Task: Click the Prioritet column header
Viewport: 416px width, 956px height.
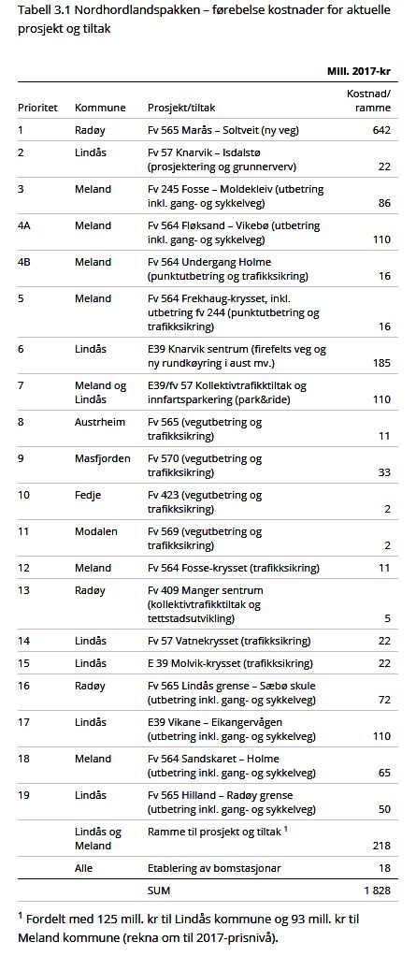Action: [37, 108]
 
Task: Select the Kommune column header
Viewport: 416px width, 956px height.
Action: [100, 108]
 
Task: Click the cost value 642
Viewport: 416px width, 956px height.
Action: [380, 129]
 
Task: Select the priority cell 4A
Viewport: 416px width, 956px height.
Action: [23, 225]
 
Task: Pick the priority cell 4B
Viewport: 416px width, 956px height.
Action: [23, 261]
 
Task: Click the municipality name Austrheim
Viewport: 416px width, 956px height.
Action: [99, 422]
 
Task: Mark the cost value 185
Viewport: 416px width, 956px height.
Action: [380, 362]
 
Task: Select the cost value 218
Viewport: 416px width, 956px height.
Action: [380, 846]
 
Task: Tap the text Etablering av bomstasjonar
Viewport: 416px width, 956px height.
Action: [213, 867]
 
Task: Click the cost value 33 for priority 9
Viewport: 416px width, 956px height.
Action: [383, 472]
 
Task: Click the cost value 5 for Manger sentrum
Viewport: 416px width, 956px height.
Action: [386, 617]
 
